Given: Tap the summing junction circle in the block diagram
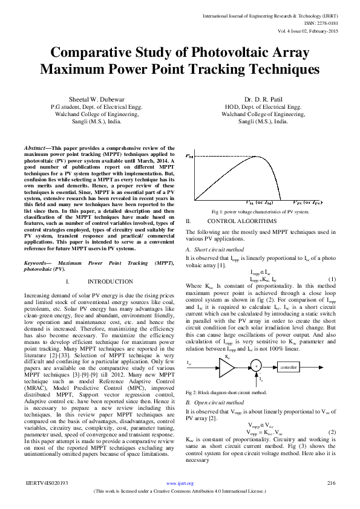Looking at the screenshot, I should coord(257,366).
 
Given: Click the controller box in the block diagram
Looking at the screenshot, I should coord(288,366).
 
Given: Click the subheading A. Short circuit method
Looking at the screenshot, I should coord(217,249).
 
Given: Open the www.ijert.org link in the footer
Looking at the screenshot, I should coord(180,484).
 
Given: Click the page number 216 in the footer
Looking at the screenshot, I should coord(331,483).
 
